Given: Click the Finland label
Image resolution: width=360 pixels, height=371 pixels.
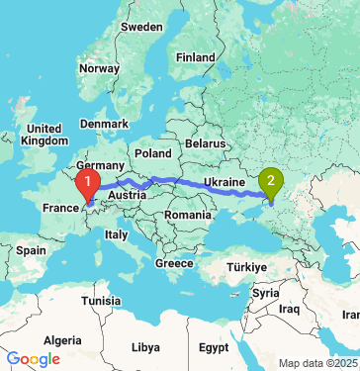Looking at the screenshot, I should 195,57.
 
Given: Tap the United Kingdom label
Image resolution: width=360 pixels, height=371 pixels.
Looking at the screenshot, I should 45,135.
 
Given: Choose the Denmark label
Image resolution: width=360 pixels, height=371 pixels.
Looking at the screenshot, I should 104,124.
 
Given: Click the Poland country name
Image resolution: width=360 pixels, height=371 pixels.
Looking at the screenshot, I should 153,154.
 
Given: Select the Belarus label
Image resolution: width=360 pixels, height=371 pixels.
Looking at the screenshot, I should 207,143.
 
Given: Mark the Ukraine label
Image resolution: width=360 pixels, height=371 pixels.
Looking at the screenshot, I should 224,183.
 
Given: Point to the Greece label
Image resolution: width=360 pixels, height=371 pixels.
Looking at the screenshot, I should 173,263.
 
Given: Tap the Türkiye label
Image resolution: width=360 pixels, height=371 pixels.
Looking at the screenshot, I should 243,267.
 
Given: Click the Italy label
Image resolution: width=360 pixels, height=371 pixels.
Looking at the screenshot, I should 117,234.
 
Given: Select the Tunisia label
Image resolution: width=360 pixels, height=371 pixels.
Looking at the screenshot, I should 100,300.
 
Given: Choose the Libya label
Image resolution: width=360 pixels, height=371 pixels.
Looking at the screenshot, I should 145,348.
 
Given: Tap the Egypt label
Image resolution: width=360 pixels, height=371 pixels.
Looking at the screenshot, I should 213,348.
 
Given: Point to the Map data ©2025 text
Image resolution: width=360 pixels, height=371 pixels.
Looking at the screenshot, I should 317,363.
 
